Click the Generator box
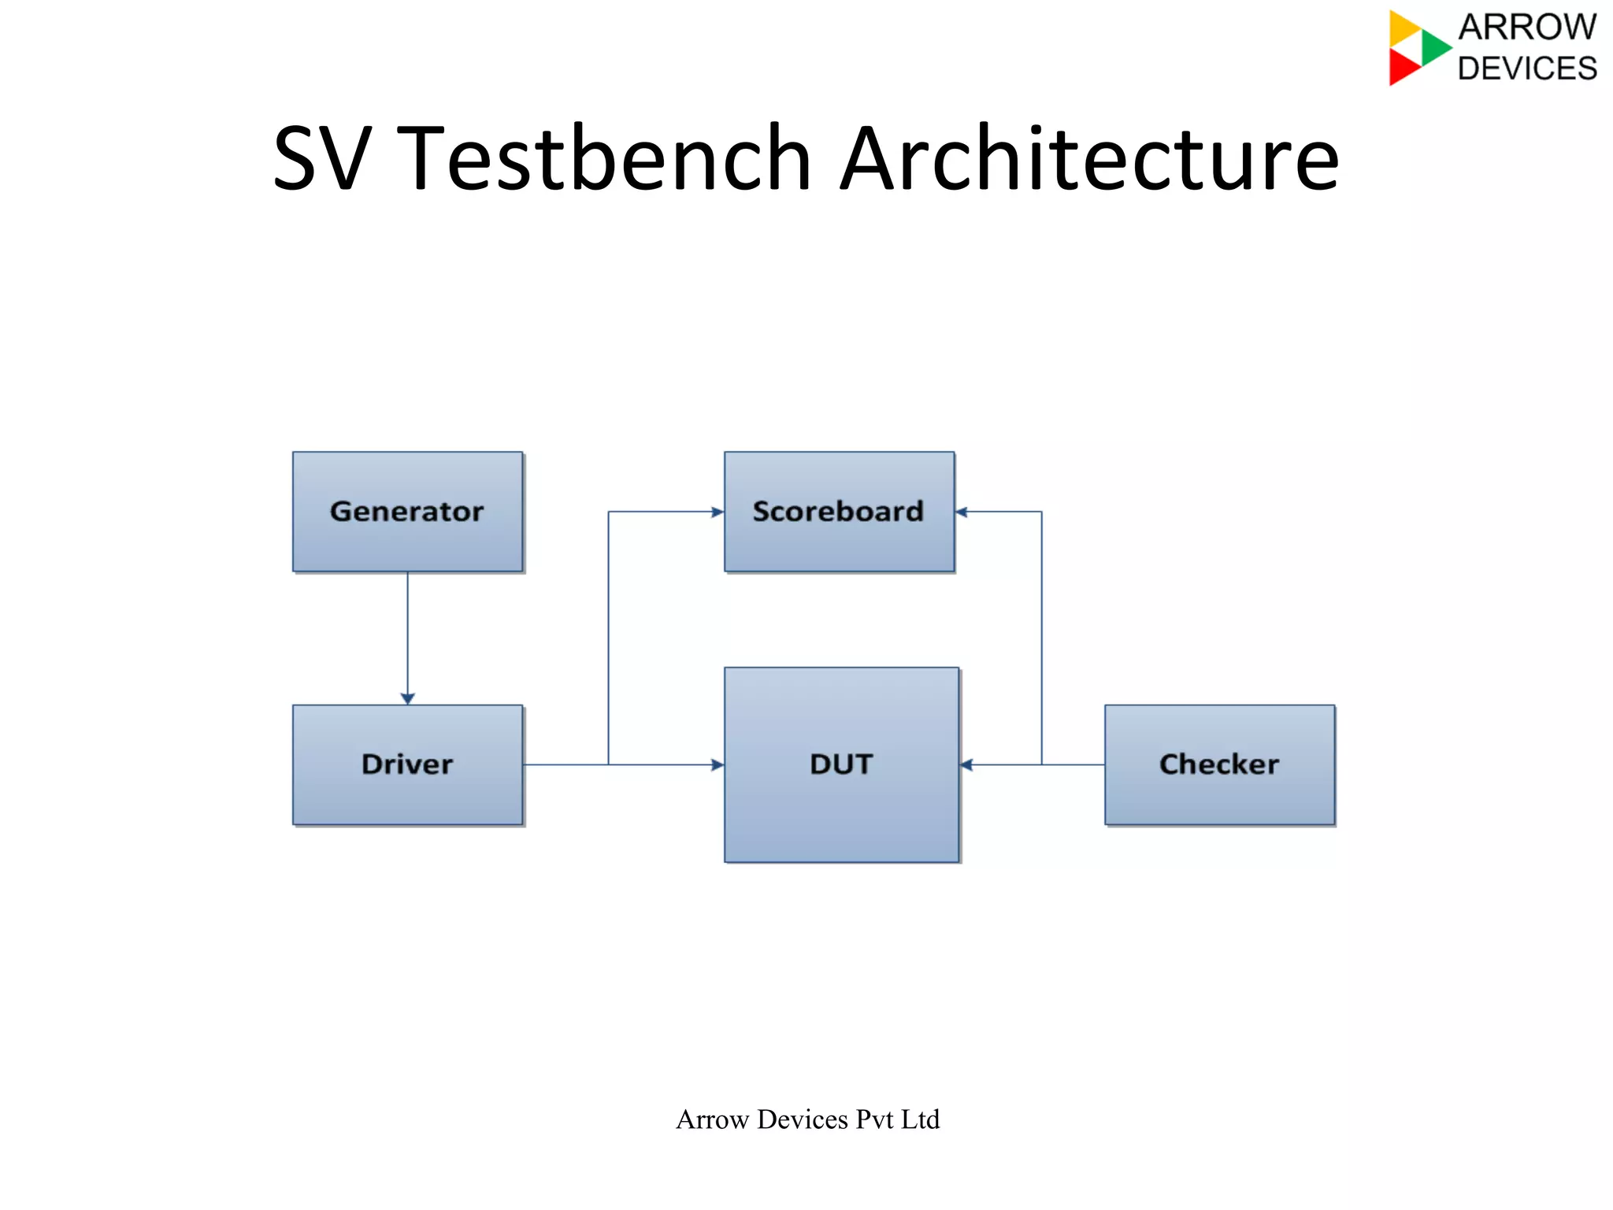pos(407,512)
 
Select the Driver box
pos(407,764)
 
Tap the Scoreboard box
pos(839,512)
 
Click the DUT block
pos(841,764)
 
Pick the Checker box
pos(1219,764)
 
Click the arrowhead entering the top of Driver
pos(407,698)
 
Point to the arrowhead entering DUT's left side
pos(718,764)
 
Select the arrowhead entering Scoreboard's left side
pos(718,512)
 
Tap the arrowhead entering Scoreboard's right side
pos(962,512)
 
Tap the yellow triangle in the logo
pos(1403,28)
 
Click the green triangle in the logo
pos(1435,47)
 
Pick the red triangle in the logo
pos(1403,67)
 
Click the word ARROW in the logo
pos(1527,28)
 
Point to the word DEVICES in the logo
pos(1527,68)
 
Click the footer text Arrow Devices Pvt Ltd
pos(807,1119)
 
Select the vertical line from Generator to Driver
pos(407,630)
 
